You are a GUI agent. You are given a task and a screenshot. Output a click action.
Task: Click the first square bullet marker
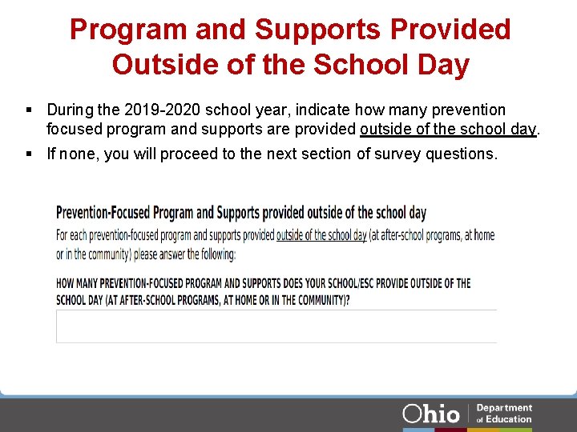pyautogui.click(x=28, y=110)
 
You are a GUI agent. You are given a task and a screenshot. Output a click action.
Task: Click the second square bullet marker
pyautogui.click(x=28, y=154)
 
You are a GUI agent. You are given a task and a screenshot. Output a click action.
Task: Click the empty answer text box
pyautogui.click(x=276, y=326)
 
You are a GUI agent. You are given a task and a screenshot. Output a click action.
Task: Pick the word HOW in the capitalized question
pyautogui.click(x=66, y=283)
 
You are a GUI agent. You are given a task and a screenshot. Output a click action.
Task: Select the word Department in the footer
pyautogui.click(x=504, y=408)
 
